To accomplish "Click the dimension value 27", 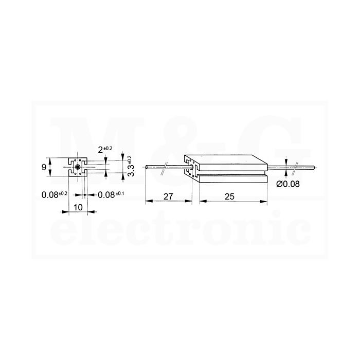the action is [x=168, y=197].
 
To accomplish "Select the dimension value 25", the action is [x=229, y=196].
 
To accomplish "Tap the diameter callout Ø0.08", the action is [x=288, y=184].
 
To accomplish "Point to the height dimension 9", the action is [x=44, y=167].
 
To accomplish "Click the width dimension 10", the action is [x=78, y=207].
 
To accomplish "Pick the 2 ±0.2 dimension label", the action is [x=105, y=150].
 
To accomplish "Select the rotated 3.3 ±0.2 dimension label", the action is [x=131, y=166].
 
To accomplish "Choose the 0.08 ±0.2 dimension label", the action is [x=55, y=195].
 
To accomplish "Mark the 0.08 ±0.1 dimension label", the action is [x=111, y=195].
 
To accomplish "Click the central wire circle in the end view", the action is [x=78, y=167].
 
